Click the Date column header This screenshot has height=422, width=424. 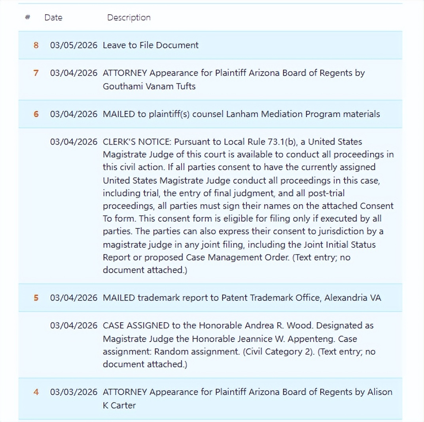53,17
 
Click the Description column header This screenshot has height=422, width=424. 129,17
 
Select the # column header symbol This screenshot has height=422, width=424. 27,17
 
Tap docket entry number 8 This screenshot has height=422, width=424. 36,45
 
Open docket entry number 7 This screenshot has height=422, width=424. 36,73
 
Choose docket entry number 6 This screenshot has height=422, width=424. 36,114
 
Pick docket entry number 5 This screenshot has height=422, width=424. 36,298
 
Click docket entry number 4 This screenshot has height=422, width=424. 36,392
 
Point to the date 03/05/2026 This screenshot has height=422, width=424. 73,45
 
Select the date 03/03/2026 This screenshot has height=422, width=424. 73,392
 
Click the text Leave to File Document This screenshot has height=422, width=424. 150,45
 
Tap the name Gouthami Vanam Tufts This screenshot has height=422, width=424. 149,86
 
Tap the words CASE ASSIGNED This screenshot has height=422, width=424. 136,325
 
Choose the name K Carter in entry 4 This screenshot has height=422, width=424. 119,405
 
